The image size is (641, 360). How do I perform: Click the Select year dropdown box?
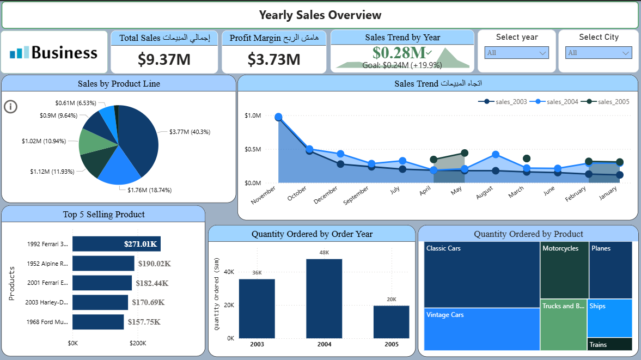(x=516, y=53)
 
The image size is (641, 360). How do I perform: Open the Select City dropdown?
(x=599, y=53)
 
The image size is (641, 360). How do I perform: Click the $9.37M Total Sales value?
(x=164, y=59)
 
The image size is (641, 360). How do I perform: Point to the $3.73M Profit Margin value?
(x=274, y=59)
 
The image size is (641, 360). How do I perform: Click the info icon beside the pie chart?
(x=10, y=106)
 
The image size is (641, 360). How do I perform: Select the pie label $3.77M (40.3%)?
(x=190, y=132)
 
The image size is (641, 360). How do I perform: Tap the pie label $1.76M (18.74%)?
(x=150, y=190)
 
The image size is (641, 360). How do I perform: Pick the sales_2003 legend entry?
(x=506, y=102)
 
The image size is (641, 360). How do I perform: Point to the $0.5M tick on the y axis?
(x=253, y=149)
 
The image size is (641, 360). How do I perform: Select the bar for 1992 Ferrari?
(x=116, y=244)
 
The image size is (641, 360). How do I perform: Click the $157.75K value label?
(x=144, y=322)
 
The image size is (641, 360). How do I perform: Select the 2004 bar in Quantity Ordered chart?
(x=324, y=298)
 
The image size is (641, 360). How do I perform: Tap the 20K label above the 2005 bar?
(x=391, y=300)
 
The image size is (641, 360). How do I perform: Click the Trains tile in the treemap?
(x=609, y=344)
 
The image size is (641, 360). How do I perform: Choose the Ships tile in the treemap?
(x=609, y=318)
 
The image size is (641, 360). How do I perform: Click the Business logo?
(x=54, y=52)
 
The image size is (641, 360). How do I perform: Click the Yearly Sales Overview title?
(x=320, y=15)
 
